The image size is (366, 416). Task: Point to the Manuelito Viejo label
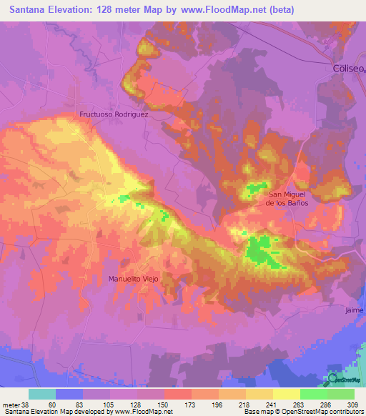coord(132,278)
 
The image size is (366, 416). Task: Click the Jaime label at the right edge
coord(355,310)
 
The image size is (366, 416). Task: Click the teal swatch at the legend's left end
coord(42,394)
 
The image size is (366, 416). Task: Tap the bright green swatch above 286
coord(313,394)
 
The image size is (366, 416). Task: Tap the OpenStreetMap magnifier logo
coord(333,379)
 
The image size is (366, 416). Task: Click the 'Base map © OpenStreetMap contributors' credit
coord(302,412)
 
